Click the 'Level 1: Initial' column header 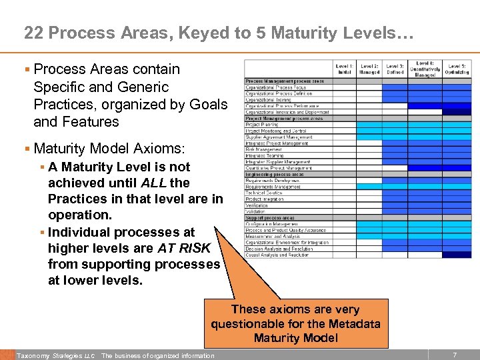click(x=345, y=69)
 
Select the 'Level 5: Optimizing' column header click(x=457, y=69)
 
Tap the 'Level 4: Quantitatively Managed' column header click(x=425, y=69)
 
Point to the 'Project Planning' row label click(x=262, y=125)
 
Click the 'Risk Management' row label click(x=261, y=149)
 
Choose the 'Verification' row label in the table click(x=257, y=205)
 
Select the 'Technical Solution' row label click(x=264, y=193)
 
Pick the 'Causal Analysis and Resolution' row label click(x=277, y=255)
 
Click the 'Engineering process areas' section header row click(x=275, y=174)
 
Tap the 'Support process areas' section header click(x=270, y=218)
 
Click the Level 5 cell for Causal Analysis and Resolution click(x=457, y=255)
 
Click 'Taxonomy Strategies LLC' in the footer click(x=56, y=355)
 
